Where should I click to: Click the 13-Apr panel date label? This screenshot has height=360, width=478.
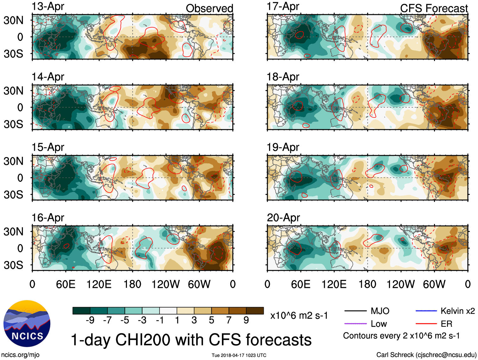(x=48, y=6)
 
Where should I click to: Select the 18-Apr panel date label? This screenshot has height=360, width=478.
(x=283, y=77)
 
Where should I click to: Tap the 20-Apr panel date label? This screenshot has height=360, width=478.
(x=283, y=218)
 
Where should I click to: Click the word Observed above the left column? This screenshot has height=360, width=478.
(x=209, y=9)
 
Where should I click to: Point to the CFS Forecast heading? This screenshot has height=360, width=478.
(x=434, y=9)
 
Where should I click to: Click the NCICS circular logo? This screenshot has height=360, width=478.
(x=27, y=323)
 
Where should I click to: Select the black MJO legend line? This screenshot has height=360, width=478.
(x=355, y=311)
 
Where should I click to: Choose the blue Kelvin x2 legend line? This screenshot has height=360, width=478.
(x=426, y=311)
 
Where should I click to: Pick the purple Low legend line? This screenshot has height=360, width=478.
(x=355, y=324)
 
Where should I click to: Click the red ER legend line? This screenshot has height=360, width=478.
(x=426, y=324)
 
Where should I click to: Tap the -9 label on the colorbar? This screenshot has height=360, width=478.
(x=90, y=320)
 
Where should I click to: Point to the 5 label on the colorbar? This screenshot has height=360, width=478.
(x=211, y=320)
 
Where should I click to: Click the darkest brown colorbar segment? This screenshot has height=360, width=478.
(x=255, y=311)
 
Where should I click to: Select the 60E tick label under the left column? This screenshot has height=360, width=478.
(x=66, y=284)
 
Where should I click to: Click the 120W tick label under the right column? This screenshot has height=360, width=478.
(x=400, y=284)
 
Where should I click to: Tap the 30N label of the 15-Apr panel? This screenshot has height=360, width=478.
(x=14, y=161)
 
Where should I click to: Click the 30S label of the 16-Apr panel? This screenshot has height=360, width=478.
(x=14, y=265)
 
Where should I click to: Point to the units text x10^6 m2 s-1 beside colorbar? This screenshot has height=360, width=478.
(x=299, y=315)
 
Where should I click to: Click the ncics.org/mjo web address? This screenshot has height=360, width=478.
(x=20, y=355)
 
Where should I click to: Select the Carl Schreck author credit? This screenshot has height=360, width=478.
(x=426, y=355)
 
